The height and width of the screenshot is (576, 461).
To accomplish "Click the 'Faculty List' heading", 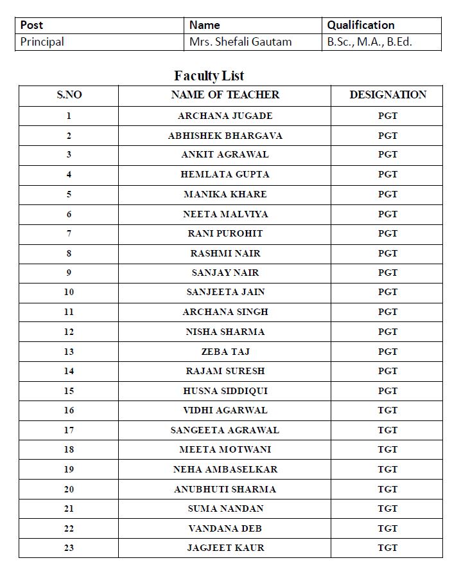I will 209,76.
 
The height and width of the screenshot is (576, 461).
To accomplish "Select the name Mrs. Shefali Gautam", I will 240,42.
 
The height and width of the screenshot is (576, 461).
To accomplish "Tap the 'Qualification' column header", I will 360,25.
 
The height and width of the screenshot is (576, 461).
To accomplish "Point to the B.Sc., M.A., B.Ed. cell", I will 369,42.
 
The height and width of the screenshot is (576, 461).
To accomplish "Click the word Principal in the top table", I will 42,42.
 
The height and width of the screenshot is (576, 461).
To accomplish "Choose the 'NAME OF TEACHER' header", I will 225,94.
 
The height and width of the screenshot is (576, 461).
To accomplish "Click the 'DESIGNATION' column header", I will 388,94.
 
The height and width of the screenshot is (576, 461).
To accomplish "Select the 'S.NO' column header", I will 69,95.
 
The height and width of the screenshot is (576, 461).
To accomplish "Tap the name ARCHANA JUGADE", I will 225,116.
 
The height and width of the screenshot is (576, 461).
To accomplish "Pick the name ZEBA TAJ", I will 225,352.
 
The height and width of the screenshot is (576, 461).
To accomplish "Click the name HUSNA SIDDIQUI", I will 225,391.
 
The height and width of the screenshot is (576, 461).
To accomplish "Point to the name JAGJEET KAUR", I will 225,548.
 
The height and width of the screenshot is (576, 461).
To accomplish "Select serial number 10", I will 69,292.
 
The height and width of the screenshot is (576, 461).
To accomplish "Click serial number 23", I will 69,548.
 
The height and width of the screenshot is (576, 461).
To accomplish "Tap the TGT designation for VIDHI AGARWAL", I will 388,410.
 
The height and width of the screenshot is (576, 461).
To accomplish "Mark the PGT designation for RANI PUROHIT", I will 388,233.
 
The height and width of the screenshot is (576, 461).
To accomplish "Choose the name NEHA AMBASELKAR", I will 225,469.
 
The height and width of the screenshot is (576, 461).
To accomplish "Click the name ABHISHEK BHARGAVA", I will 225,136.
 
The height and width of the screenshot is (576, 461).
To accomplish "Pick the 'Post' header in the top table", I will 31,25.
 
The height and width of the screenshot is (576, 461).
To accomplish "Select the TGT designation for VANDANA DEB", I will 388,528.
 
